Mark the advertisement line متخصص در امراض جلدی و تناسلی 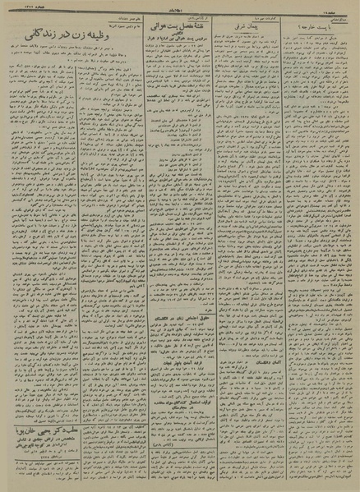[62, 418]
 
